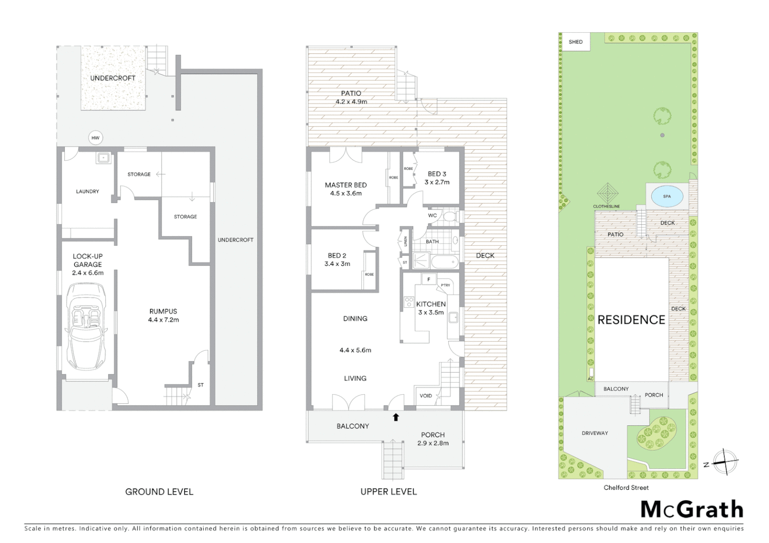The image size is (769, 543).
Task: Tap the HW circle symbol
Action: [x=95, y=138]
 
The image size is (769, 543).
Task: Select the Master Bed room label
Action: [x=346, y=185]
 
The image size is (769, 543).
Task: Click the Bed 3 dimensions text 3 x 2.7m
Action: [x=437, y=182]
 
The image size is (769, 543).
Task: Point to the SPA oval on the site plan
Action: [x=666, y=196]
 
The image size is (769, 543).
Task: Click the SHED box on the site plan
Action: [x=576, y=42]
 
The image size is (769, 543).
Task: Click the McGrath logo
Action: [x=691, y=509]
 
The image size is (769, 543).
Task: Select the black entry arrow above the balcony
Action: [x=396, y=417]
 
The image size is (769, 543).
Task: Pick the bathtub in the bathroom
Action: [x=444, y=262]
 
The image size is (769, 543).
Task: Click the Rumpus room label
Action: [x=163, y=311]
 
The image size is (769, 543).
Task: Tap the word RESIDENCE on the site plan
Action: [x=631, y=320]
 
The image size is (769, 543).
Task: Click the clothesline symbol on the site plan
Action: [x=607, y=193]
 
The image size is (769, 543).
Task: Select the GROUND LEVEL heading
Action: [x=159, y=492]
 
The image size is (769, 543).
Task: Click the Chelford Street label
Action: [x=626, y=487]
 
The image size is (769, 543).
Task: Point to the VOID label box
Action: [x=426, y=396]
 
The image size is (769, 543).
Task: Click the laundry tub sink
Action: [x=104, y=158]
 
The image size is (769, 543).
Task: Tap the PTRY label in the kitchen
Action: [x=445, y=285]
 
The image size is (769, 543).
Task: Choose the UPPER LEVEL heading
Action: [x=389, y=492]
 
